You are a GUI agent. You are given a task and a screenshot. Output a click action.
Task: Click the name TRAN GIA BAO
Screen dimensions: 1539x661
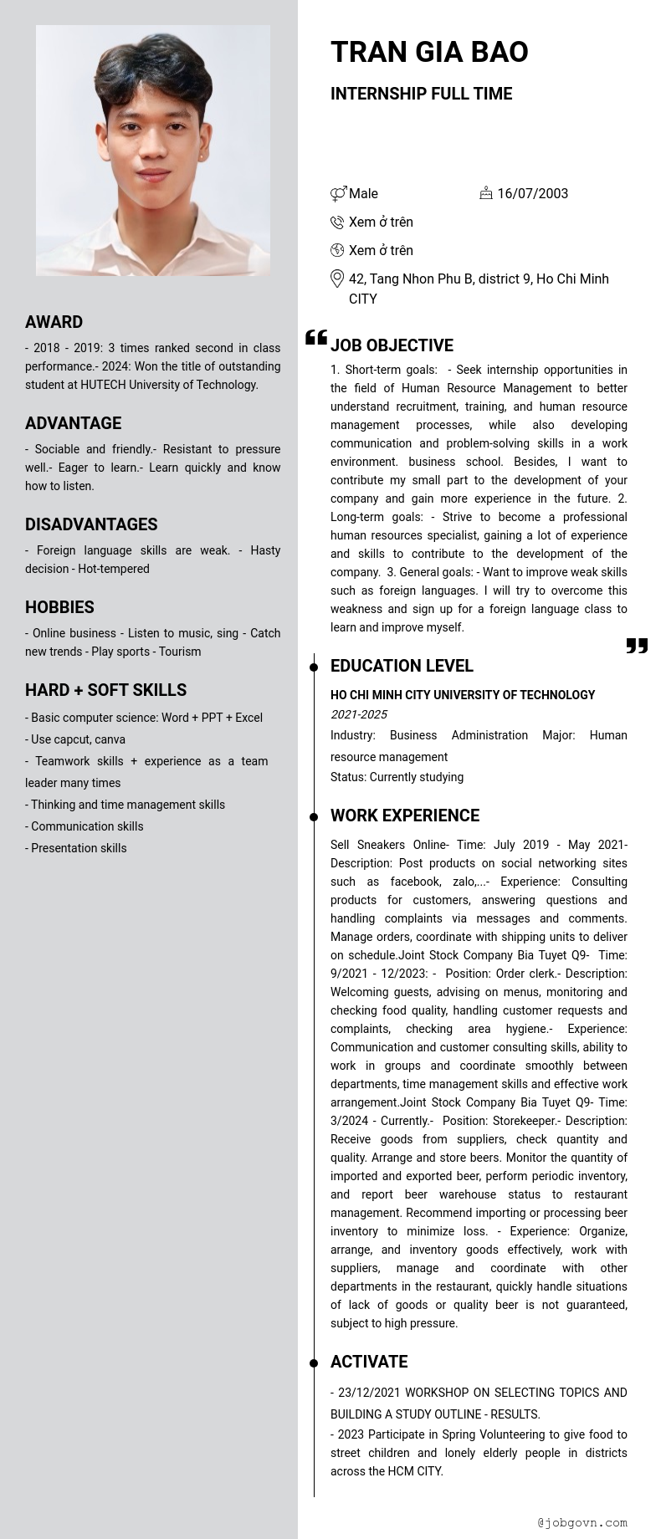tap(429, 52)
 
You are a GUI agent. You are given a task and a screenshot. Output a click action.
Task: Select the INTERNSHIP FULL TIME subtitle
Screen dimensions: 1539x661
tap(421, 94)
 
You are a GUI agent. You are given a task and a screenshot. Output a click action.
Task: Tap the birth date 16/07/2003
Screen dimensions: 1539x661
tap(532, 193)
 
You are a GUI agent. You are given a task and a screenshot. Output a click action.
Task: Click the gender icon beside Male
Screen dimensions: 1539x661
tap(338, 194)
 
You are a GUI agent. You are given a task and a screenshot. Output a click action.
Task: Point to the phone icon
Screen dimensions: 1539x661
tap(337, 222)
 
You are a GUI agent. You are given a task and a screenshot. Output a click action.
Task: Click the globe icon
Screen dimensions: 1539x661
tap(337, 250)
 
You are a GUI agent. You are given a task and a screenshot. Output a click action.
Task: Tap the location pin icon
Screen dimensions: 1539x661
tap(337, 279)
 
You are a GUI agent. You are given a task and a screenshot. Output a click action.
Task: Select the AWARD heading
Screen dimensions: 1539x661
tap(54, 322)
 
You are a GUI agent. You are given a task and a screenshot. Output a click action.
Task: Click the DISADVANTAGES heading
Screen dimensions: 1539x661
tap(91, 524)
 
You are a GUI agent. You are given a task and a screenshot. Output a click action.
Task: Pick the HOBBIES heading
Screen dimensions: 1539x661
tap(59, 607)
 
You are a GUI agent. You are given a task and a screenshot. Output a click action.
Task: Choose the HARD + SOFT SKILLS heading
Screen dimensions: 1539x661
tap(105, 690)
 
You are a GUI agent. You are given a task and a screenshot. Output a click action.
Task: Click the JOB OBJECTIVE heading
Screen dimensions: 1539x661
tap(392, 345)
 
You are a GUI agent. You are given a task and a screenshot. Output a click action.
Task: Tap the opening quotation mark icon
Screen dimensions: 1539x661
tap(316, 337)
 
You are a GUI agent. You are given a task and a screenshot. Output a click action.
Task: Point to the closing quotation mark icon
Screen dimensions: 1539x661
tap(637, 646)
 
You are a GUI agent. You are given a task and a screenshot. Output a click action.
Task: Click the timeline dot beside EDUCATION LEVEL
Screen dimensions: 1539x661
tap(314, 667)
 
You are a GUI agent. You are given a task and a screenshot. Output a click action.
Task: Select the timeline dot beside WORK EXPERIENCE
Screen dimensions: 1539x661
tap(314, 816)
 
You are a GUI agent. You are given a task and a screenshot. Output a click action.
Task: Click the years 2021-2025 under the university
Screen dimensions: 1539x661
tap(358, 714)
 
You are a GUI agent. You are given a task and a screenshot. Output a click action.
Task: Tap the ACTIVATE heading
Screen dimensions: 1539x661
tap(369, 1362)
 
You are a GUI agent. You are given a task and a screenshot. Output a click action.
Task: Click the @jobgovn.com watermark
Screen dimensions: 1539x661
tap(582, 1522)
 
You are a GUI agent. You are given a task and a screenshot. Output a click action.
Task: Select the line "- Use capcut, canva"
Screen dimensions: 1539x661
tap(75, 739)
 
